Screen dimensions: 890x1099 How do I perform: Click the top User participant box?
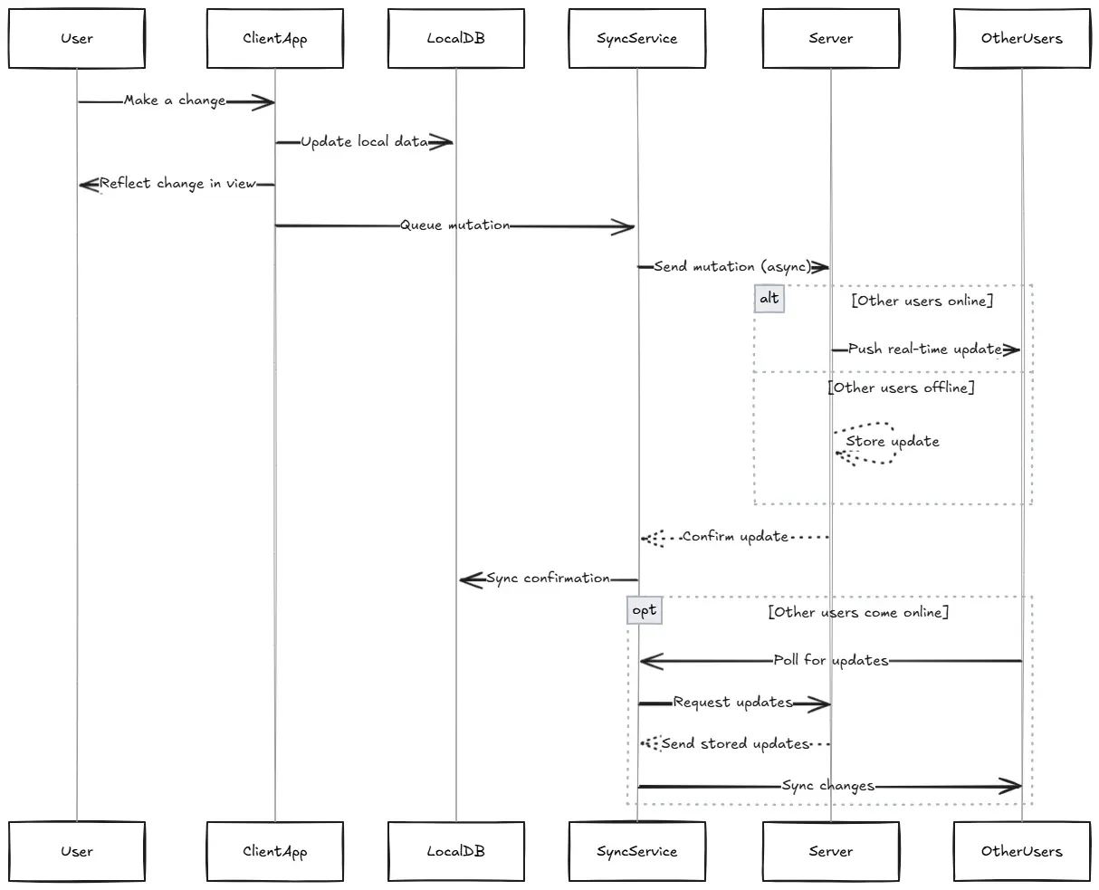[x=77, y=39]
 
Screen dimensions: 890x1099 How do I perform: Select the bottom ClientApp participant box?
[x=275, y=851]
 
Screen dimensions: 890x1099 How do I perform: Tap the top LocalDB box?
[x=456, y=39]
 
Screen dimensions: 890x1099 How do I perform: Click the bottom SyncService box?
[x=637, y=851]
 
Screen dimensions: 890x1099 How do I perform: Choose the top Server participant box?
[x=831, y=39]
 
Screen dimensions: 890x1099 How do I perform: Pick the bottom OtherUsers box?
[x=1022, y=851]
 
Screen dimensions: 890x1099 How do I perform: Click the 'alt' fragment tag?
[x=769, y=299]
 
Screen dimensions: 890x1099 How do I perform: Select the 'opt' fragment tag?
[x=644, y=611]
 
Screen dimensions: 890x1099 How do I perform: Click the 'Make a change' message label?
[x=175, y=100]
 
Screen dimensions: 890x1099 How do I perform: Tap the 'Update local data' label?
[x=364, y=142]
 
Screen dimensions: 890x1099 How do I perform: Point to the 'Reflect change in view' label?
[x=177, y=184]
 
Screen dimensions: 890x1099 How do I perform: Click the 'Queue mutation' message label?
[x=455, y=225]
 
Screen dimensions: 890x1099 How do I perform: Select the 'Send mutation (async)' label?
[x=731, y=267]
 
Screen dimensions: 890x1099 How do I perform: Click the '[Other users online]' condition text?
[x=922, y=301]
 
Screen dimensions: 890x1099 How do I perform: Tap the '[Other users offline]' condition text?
[x=901, y=388]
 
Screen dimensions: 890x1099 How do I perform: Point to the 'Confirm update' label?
[x=735, y=537]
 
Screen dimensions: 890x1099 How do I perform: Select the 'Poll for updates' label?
[x=830, y=661]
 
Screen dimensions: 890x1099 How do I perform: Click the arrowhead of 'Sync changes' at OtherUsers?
[x=1012, y=787]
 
